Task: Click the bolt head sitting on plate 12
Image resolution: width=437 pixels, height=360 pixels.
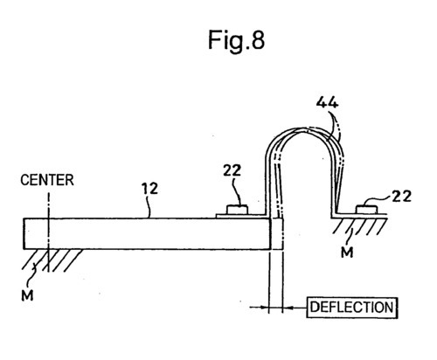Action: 236,210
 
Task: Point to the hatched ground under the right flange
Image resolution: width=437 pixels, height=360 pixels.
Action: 355,225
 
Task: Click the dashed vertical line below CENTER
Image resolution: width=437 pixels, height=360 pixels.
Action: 49,210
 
